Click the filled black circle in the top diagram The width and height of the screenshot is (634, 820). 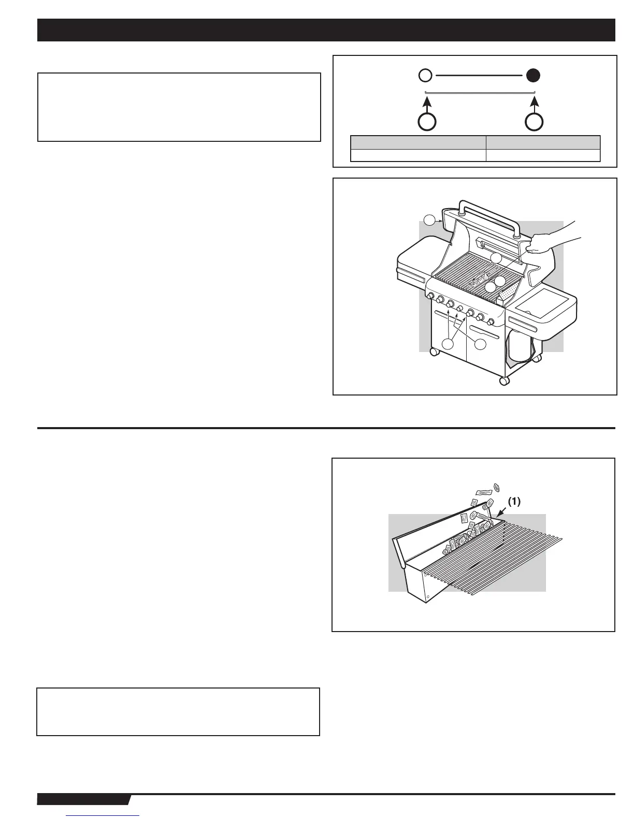coord(534,76)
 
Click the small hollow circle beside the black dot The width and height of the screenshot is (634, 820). coord(425,76)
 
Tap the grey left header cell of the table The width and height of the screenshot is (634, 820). coord(418,142)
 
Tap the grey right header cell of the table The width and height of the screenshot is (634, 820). coord(543,142)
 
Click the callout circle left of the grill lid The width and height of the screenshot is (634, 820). coord(430,221)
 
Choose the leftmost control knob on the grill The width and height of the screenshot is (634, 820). coord(430,296)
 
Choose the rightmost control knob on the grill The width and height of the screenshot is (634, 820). coord(490,322)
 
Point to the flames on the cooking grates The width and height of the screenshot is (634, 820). coord(479,280)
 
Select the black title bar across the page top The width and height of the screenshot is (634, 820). coord(326,30)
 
